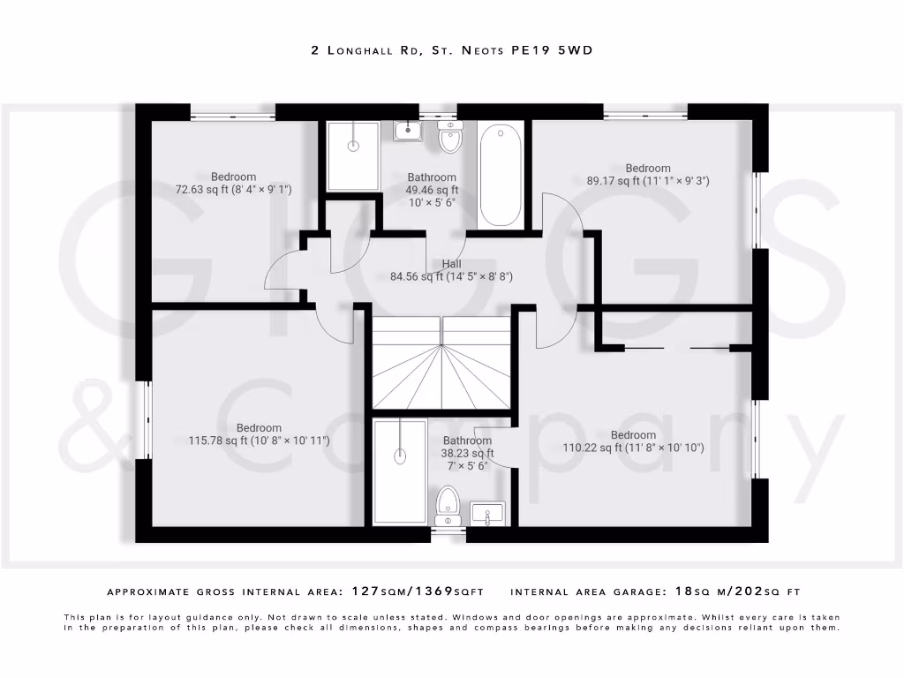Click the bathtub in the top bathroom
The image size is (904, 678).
point(501,174)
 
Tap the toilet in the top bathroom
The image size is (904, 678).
point(450,137)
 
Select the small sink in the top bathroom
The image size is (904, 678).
point(407,132)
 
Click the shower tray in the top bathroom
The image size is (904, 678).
point(353,155)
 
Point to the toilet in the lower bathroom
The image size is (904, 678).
point(448,504)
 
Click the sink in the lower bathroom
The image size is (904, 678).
point(486,512)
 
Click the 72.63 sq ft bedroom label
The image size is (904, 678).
point(233,183)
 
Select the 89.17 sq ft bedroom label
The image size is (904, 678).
point(648,174)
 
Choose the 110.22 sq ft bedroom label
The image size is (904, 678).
point(633,441)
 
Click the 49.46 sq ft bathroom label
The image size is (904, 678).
point(432,189)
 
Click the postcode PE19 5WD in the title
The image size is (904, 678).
point(552,50)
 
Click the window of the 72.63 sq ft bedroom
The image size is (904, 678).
point(233,112)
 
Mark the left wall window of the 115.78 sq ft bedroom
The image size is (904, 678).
point(143,419)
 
